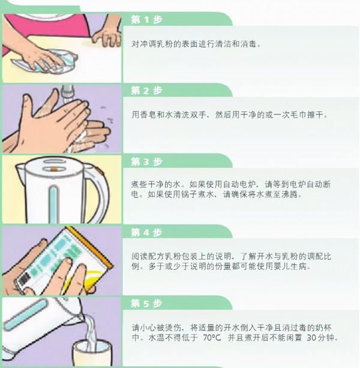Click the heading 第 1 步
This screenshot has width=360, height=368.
click(x=146, y=19)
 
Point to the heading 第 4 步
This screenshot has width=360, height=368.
click(x=146, y=232)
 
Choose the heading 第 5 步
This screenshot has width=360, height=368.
click(x=146, y=303)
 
